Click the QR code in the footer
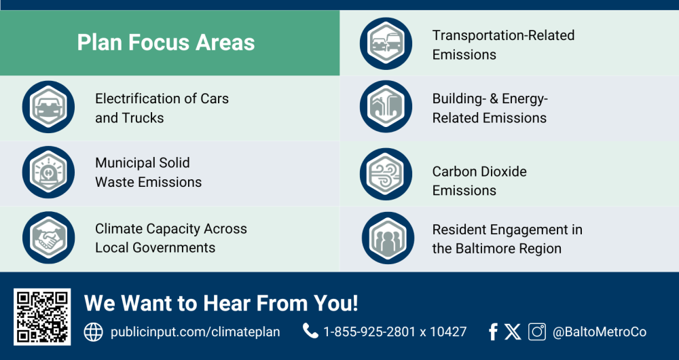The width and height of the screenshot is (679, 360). point(42,317)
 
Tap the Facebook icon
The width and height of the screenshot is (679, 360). point(493,332)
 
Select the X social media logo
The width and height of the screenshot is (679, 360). point(513,332)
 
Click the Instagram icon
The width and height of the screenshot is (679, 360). point(537,332)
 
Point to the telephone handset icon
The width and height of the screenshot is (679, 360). point(310,331)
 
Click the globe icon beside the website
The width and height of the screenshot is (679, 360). point(93,332)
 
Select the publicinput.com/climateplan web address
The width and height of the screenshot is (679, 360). point(196,332)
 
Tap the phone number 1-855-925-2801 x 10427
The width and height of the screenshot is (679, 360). point(395,332)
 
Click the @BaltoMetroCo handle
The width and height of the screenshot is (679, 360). point(600,332)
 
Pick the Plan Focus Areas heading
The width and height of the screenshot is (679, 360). point(166,43)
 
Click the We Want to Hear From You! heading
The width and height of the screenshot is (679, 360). point(221,303)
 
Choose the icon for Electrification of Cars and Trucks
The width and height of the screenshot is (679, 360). point(48,107)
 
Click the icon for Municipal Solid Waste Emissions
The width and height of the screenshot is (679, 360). point(48,172)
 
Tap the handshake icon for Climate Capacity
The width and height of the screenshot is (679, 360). point(48,238)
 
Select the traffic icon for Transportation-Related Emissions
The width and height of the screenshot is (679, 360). point(386,43)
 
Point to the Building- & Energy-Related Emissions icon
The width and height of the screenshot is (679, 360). point(386,107)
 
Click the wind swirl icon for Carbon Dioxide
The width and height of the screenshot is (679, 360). point(386,174)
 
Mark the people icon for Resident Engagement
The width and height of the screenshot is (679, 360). point(388,238)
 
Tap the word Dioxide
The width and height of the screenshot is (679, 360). point(503,172)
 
